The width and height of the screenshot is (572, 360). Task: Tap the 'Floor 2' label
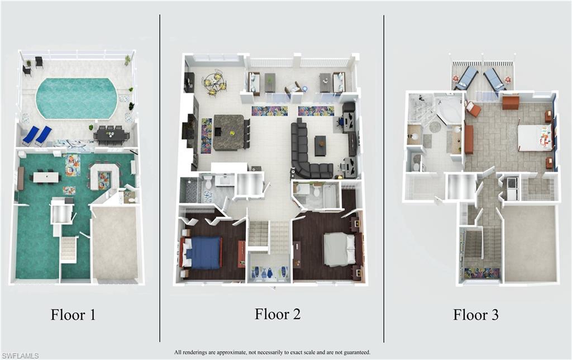pos(278,314)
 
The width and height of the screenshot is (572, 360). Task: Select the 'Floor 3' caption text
pos(475,315)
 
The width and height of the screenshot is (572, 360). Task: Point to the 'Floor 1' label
pos(73,315)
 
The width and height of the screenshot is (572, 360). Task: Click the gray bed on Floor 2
pos(339,249)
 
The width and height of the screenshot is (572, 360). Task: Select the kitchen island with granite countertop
pos(228,132)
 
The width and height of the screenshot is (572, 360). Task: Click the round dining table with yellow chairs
pos(214,83)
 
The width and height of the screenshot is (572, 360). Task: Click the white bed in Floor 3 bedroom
pos(533,138)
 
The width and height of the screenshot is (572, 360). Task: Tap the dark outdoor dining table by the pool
pos(112,134)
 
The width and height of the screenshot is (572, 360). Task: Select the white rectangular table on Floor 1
pos(46,177)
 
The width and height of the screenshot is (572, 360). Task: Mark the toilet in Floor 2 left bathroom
pos(208,181)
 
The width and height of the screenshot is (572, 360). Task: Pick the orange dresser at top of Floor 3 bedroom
pos(511,102)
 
